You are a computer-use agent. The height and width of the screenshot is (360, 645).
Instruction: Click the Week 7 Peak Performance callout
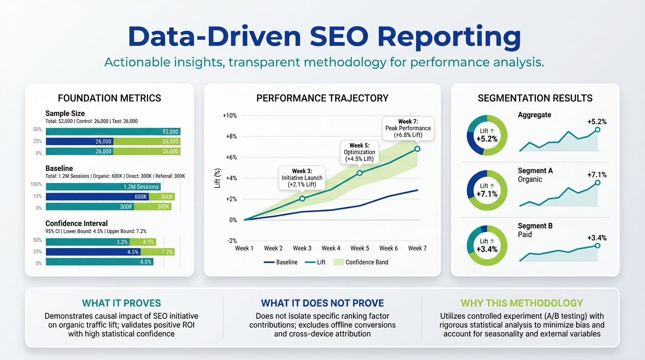(x=408, y=128)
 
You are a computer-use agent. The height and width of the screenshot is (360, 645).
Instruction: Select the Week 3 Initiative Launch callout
(x=302, y=178)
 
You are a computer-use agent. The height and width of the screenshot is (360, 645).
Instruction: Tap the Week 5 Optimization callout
(x=359, y=152)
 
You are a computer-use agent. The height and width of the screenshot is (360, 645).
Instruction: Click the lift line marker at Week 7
(x=417, y=149)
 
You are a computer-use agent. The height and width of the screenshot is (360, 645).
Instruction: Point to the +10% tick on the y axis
(x=230, y=115)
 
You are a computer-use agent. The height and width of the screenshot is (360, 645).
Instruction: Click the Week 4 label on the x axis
(x=331, y=248)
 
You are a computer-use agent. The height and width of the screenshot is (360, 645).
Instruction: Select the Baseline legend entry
(x=281, y=262)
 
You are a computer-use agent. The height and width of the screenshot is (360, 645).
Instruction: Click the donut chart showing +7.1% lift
(x=487, y=190)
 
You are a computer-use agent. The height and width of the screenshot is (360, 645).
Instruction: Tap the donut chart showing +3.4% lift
(x=487, y=245)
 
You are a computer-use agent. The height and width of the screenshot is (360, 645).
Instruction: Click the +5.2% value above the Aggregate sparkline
(x=597, y=122)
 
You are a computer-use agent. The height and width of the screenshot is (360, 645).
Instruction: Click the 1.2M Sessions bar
(x=103, y=187)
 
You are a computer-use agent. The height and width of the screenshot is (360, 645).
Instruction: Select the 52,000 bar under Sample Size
(x=113, y=132)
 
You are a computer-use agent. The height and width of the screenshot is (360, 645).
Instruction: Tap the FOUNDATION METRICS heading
(x=109, y=98)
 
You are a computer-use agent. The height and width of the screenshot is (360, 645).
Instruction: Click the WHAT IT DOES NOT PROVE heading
(x=322, y=303)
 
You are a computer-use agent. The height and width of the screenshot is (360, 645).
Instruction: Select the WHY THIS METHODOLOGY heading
(x=522, y=303)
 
